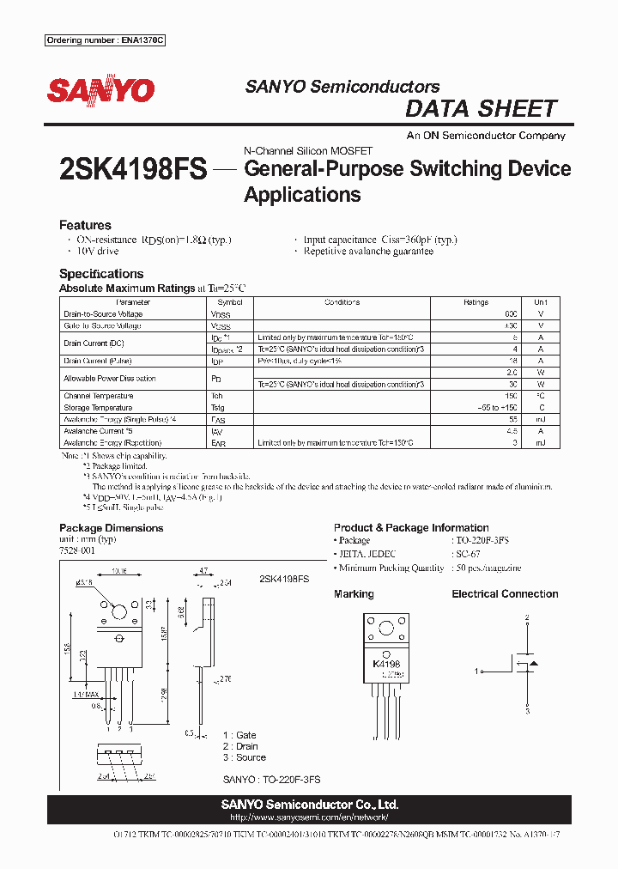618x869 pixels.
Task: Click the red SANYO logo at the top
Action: (x=100, y=90)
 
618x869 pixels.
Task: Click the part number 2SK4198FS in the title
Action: (x=133, y=168)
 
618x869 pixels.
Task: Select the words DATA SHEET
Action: (x=481, y=109)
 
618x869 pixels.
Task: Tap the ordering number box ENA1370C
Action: (x=104, y=41)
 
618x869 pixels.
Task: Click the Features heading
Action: (x=85, y=225)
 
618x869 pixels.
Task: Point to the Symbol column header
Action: (x=230, y=302)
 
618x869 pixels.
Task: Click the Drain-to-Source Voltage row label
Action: (x=103, y=314)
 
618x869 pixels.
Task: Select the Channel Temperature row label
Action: (x=98, y=396)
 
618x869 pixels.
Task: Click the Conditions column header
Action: (x=342, y=302)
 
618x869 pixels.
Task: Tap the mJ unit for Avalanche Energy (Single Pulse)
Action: (x=540, y=419)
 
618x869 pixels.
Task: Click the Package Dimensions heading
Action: (x=111, y=528)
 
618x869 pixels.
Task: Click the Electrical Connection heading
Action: (x=505, y=594)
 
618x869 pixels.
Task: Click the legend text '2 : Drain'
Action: (x=244, y=746)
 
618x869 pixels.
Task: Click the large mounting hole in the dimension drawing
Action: (x=119, y=613)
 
